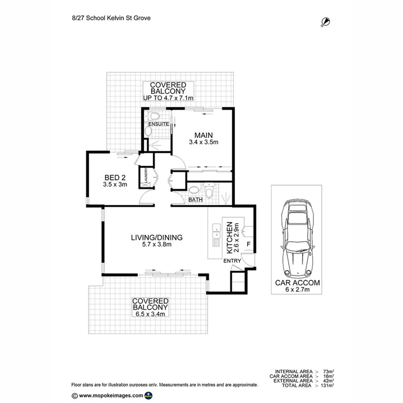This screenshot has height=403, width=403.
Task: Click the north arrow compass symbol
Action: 326,21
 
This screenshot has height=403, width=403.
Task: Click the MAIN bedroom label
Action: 203,135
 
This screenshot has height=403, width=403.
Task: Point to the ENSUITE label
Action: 159,124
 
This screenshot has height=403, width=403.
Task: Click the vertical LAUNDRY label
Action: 146,176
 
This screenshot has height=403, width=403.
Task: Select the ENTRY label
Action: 232,261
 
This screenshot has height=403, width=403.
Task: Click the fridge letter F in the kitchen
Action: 249,245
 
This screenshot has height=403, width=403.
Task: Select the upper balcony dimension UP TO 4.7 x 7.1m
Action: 168,98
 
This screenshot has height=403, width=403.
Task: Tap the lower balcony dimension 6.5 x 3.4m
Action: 150,314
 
